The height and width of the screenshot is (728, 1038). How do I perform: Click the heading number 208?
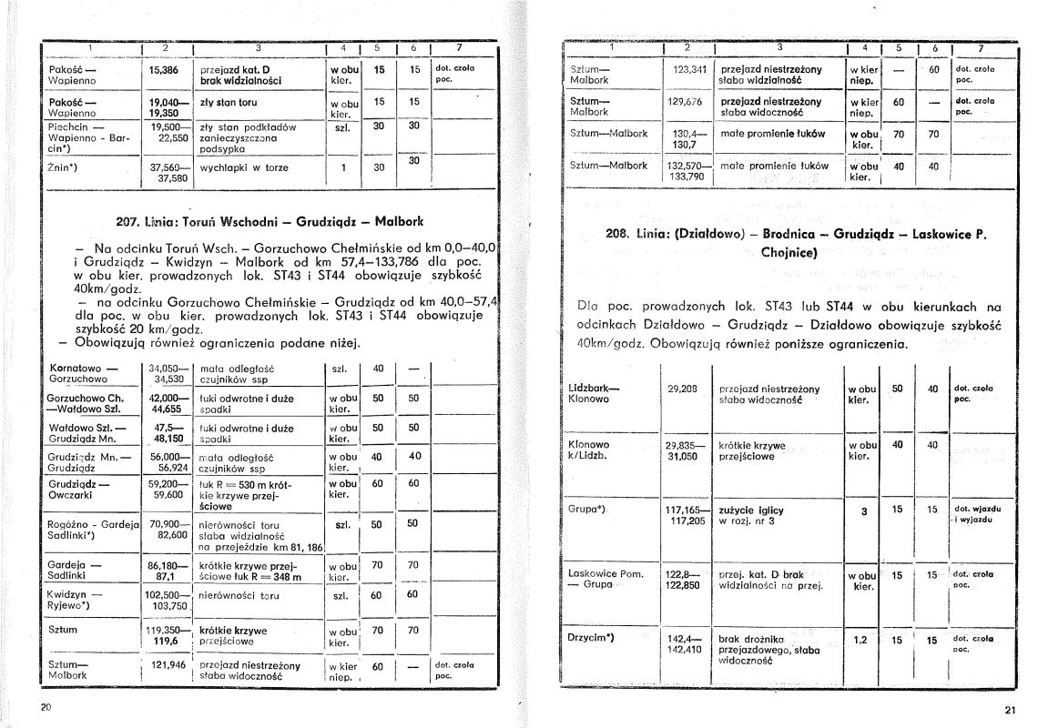tap(619, 234)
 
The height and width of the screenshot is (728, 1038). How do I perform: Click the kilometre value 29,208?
tap(683, 389)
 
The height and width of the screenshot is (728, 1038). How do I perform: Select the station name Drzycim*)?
tap(592, 637)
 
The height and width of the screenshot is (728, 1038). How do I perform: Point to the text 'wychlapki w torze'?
tap(244, 168)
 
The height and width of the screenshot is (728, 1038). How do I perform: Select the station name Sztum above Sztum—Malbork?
tap(63, 629)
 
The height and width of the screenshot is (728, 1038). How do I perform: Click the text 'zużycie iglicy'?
tap(751, 511)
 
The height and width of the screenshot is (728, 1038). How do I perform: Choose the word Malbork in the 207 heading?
tap(399, 221)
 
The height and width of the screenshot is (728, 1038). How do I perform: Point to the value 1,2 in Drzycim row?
tap(860, 640)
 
